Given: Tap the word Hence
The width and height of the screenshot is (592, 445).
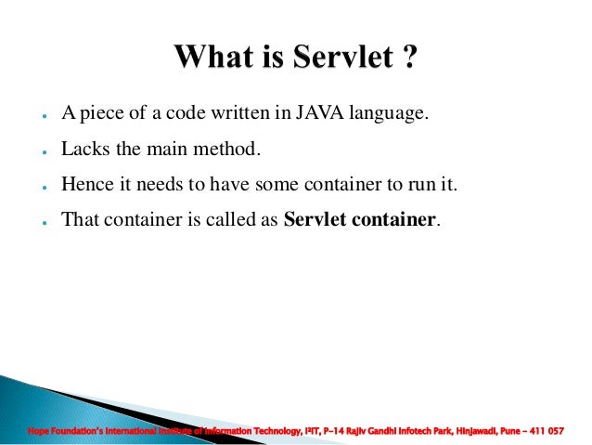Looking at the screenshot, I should [x=86, y=185].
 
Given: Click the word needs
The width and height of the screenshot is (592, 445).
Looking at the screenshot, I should [x=157, y=185].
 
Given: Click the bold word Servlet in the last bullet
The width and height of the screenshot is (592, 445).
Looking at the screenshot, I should [x=314, y=220].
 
